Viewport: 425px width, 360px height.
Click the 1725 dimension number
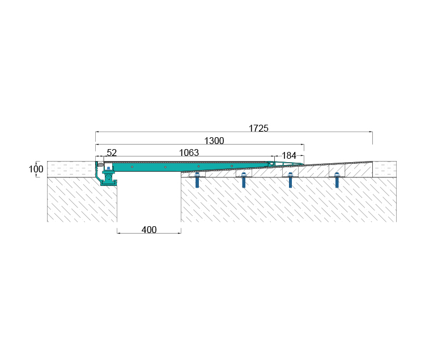pos(258,128)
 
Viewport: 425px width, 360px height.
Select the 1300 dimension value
pos(214,141)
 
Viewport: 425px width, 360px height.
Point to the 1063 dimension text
pos(189,153)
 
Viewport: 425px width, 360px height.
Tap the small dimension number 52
pos(112,153)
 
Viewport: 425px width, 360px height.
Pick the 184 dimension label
pos(289,155)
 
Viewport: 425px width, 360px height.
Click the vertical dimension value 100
pos(36,169)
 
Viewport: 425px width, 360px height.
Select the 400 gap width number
pos(149,230)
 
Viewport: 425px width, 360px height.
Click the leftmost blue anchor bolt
pos(197,180)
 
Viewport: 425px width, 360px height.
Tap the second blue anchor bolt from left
pos(244,180)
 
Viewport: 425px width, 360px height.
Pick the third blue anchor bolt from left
pos(290,180)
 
